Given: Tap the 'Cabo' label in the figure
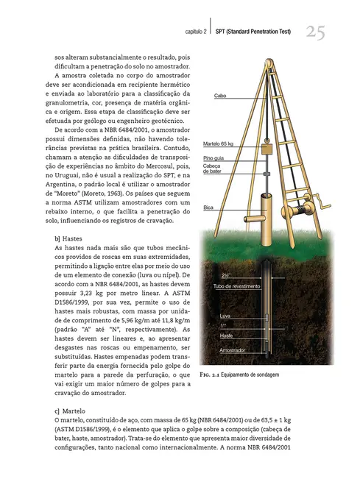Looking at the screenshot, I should (x=219, y=96).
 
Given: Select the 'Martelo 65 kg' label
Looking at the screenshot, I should (x=218, y=143).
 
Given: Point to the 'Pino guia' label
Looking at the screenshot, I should (x=213, y=157).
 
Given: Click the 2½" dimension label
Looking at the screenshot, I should (x=226, y=275).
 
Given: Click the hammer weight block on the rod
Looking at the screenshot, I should (x=267, y=148).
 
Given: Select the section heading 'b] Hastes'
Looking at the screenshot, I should (x=68, y=239).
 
